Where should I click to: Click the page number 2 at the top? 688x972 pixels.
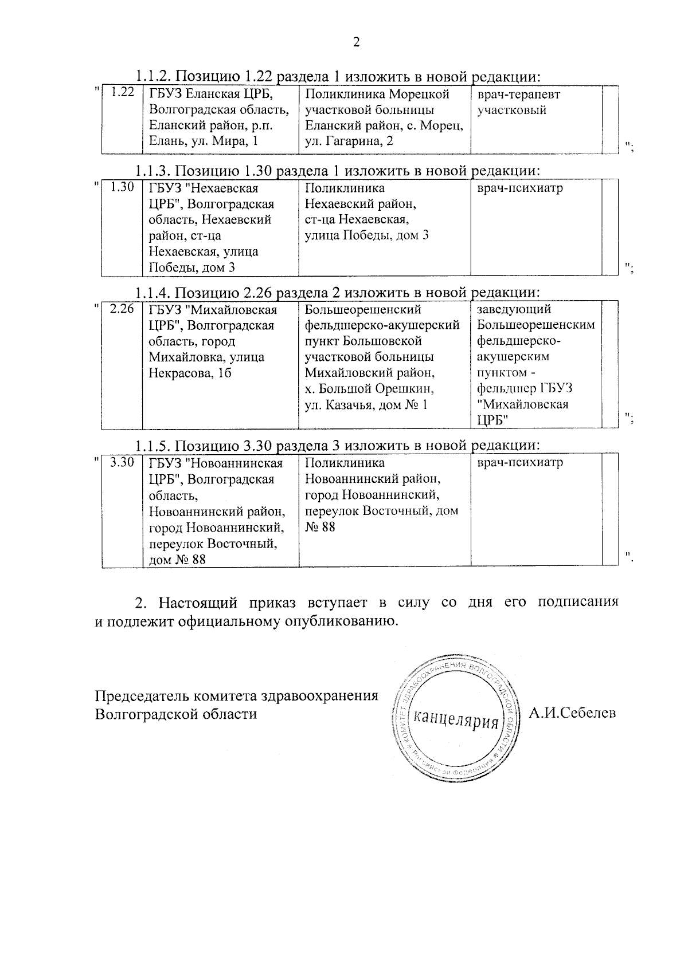click(x=355, y=42)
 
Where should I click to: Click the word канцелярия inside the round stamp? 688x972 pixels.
click(x=456, y=718)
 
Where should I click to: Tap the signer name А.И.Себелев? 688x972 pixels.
click(x=572, y=713)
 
